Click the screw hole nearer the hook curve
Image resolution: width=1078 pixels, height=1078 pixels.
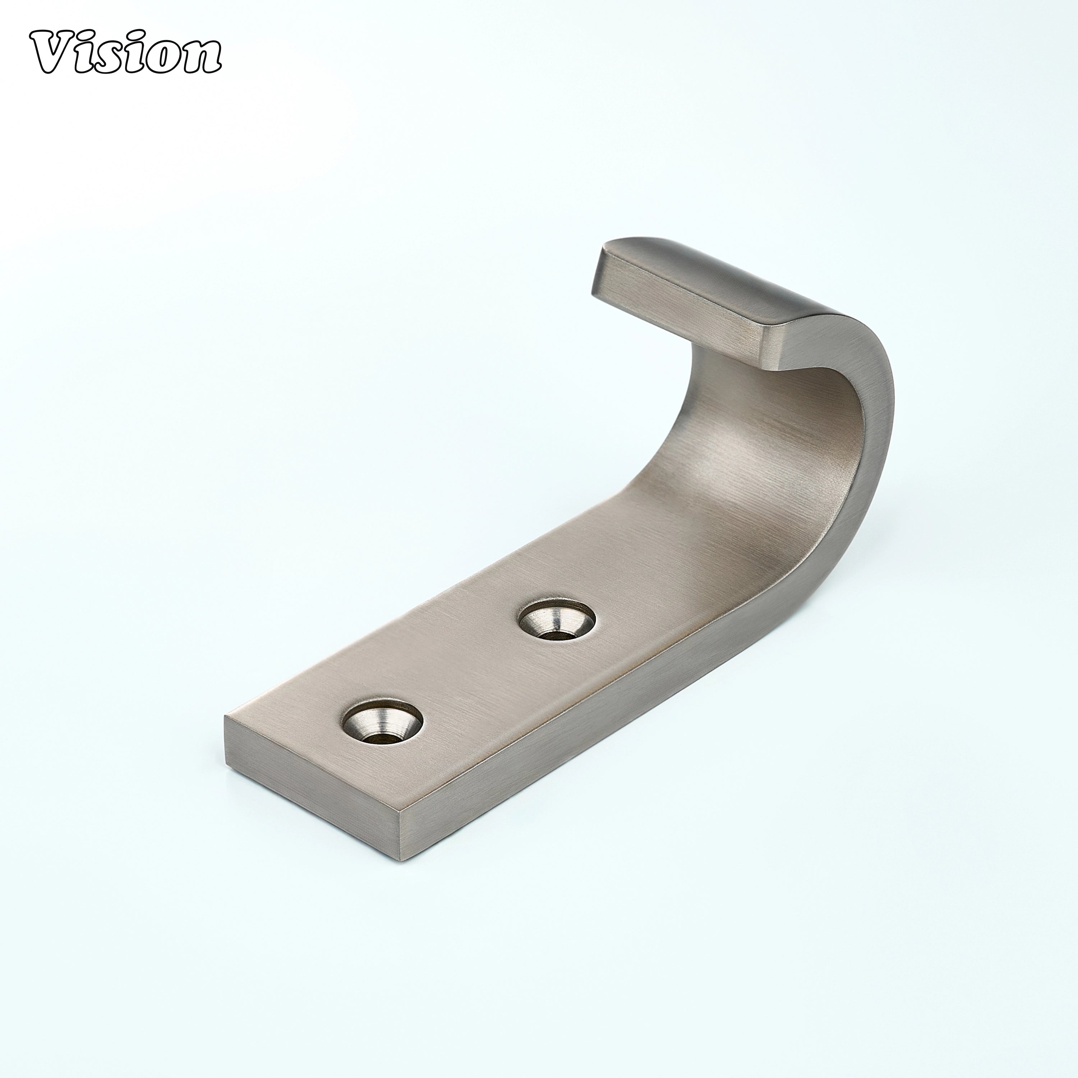pos(556,624)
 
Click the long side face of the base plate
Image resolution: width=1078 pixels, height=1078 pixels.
pos(614,753)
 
